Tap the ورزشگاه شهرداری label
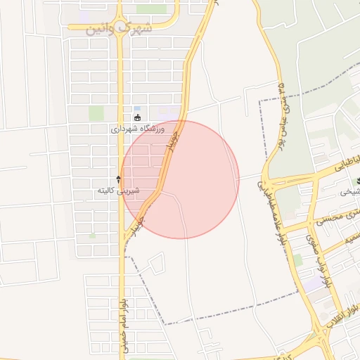point(137,130)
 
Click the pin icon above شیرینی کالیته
point(118,179)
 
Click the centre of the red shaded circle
point(180,179)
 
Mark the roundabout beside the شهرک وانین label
point(120,29)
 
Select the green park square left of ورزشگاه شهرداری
point(96,113)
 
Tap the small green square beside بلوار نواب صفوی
point(297,260)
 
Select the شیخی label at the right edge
point(350,192)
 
